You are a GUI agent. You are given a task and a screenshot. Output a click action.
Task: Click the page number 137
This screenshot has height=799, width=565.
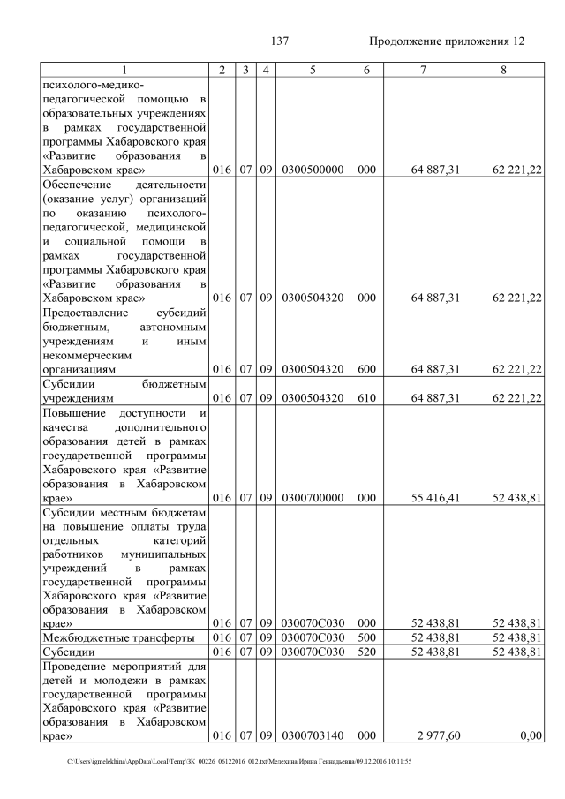click(x=282, y=41)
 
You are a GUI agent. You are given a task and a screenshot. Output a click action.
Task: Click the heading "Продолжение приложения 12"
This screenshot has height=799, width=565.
click(x=447, y=41)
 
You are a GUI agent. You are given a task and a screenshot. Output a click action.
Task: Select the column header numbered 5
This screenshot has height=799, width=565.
click(x=313, y=69)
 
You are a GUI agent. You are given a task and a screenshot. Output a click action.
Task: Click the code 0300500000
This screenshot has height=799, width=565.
click(x=313, y=170)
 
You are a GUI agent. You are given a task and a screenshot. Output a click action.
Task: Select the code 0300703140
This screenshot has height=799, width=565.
click(x=313, y=734)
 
